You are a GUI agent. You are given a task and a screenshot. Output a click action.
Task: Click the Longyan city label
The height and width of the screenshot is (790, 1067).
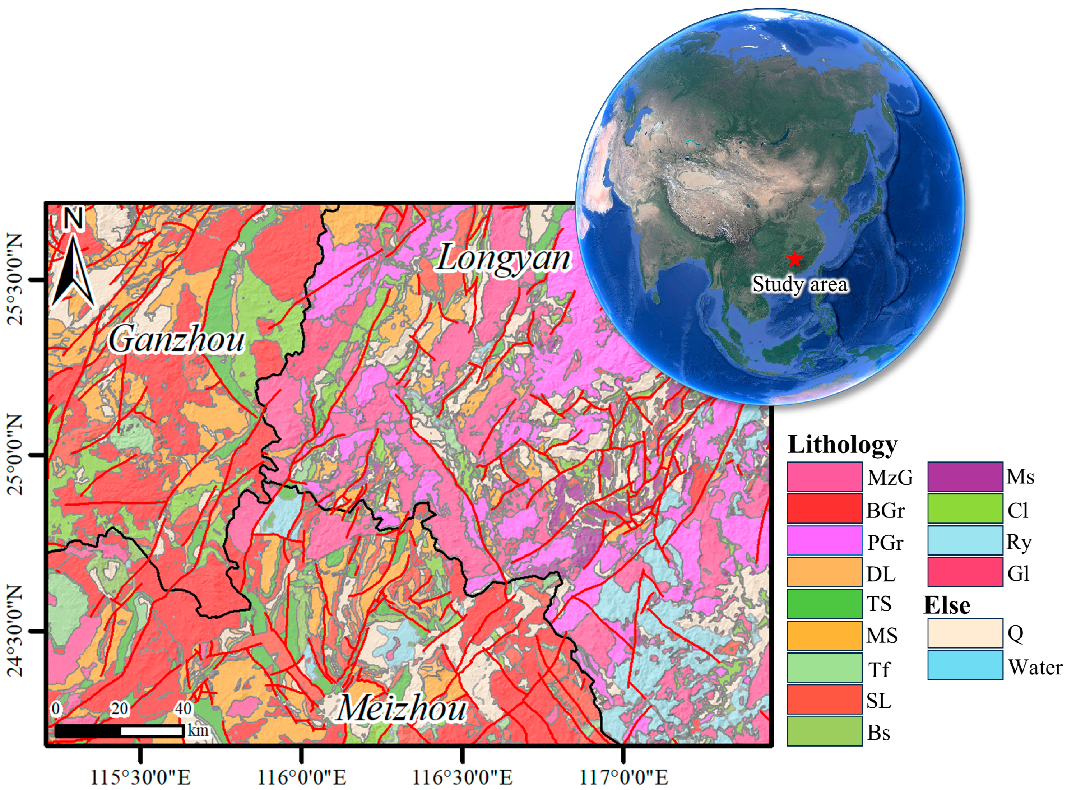[503, 259]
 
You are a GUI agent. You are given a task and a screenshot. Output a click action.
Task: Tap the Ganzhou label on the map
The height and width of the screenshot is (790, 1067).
[176, 340]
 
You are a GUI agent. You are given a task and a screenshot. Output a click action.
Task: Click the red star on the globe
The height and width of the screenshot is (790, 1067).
[795, 259]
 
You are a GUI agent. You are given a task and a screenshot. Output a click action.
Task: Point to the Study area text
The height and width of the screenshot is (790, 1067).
[800, 284]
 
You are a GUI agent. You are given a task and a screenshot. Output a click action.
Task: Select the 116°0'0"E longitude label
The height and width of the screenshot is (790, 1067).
[301, 777]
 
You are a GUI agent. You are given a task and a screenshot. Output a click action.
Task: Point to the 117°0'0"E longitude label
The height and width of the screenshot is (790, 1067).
[623, 777]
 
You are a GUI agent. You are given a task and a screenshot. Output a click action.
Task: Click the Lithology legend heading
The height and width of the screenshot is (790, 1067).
[842, 445]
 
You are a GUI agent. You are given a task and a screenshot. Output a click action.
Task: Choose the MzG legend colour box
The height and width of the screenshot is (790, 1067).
[824, 477]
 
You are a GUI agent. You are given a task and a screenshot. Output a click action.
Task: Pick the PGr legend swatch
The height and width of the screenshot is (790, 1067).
[824, 540]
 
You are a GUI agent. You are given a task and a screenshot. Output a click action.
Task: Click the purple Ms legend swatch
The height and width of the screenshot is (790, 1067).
[965, 477]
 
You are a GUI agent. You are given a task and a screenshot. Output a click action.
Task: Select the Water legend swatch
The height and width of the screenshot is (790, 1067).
[965, 665]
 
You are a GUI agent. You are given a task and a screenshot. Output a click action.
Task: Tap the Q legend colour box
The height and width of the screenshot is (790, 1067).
[965, 634]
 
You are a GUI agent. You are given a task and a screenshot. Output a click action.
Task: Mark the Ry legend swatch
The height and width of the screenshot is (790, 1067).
[965, 540]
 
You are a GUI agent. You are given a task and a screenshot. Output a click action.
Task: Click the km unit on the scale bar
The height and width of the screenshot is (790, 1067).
[198, 730]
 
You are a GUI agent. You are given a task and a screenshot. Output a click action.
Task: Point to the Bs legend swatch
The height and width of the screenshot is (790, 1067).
[824, 731]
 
